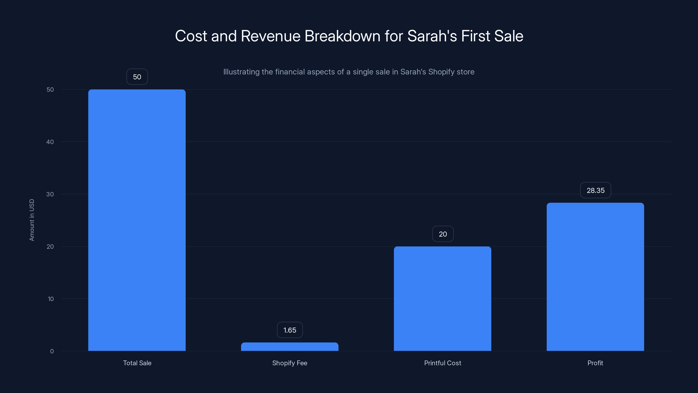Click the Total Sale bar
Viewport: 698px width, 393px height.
pos(137,220)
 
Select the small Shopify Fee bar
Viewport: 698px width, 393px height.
pos(290,347)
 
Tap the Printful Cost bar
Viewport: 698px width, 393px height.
pos(443,298)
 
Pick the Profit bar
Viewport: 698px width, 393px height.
pos(595,277)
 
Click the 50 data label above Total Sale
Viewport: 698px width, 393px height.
pos(137,77)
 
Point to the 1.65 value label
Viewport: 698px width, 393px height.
pos(290,330)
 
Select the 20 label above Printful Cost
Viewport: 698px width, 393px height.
pos(443,234)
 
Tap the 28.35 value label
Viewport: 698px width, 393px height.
pos(595,190)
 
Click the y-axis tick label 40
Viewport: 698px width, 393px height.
pos(50,142)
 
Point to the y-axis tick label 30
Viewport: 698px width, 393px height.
pos(50,194)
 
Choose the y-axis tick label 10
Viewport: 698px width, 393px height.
pos(51,299)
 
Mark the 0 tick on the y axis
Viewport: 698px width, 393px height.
pos(52,351)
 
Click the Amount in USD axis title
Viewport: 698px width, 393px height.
pos(32,220)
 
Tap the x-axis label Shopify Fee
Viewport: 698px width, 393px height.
pos(290,363)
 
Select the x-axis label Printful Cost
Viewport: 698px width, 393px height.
pos(443,363)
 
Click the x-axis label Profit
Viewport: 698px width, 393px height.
pos(595,363)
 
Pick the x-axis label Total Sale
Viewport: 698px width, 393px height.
pos(137,363)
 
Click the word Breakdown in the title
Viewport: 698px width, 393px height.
pos(342,36)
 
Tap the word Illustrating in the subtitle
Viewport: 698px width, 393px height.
pos(241,72)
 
